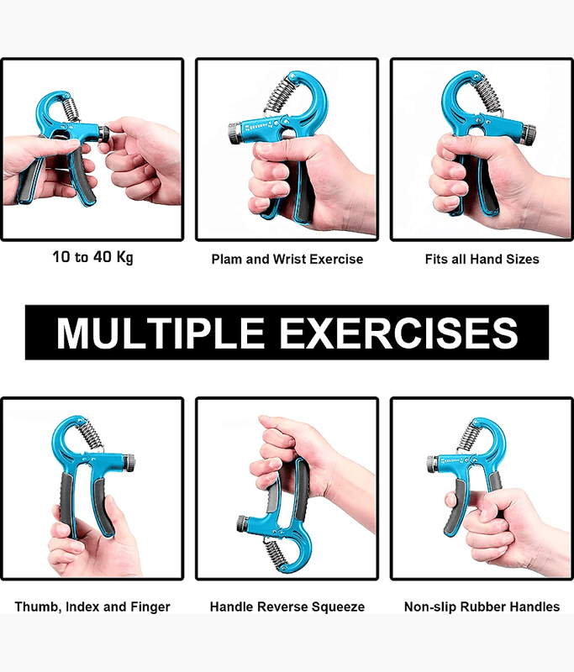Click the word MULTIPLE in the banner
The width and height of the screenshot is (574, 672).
[161, 333]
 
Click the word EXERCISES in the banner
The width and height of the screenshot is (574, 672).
[398, 333]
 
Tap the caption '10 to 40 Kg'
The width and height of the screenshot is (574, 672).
[92, 258]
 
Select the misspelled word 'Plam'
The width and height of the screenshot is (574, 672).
[227, 260]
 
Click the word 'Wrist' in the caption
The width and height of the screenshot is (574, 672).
[289, 260]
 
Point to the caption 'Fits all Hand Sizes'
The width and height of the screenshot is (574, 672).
[482, 260]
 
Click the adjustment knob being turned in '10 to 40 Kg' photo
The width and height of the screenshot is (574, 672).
[103, 133]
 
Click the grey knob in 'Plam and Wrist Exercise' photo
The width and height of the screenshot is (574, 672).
[235, 134]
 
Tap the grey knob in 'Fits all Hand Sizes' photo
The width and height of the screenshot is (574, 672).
[529, 134]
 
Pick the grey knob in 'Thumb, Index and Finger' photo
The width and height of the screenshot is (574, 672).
[129, 463]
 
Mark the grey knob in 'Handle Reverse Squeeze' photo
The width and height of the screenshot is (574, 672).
[241, 524]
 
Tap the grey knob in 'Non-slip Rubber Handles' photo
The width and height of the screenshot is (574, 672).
[432, 465]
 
